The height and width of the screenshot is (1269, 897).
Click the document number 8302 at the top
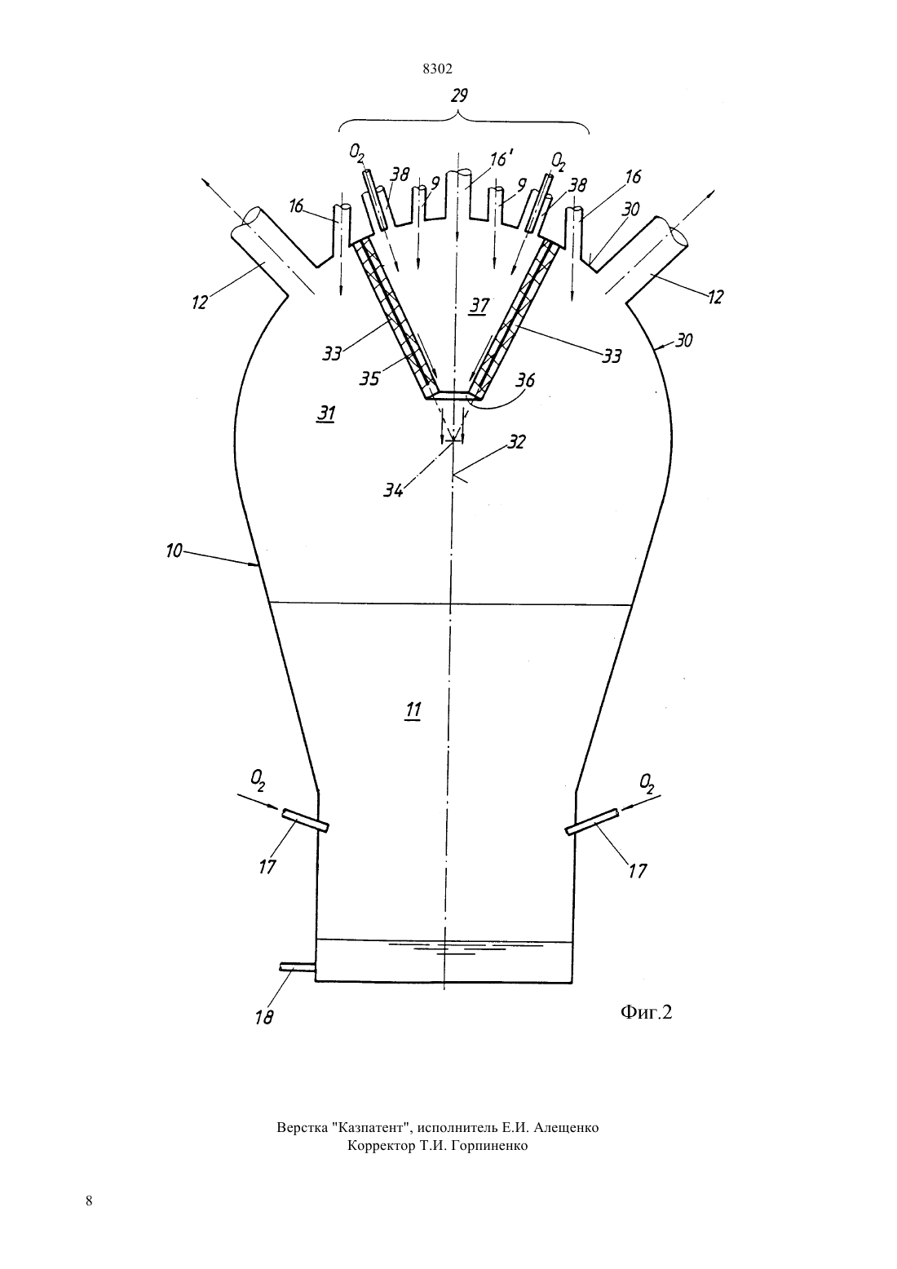[x=438, y=69]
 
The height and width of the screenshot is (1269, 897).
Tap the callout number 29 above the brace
[x=459, y=95]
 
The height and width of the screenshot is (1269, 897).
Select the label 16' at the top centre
[x=499, y=159]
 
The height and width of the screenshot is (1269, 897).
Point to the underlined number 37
[x=479, y=307]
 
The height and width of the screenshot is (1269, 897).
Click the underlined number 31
[x=325, y=414]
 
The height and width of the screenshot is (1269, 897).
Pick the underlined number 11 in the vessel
[x=413, y=710]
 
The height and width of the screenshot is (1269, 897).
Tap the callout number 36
[x=525, y=380]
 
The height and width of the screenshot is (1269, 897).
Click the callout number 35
[x=369, y=378]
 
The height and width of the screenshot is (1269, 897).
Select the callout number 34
[x=393, y=489]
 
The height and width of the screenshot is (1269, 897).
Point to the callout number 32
[x=516, y=441]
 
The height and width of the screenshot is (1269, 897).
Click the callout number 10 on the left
[x=174, y=550]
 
